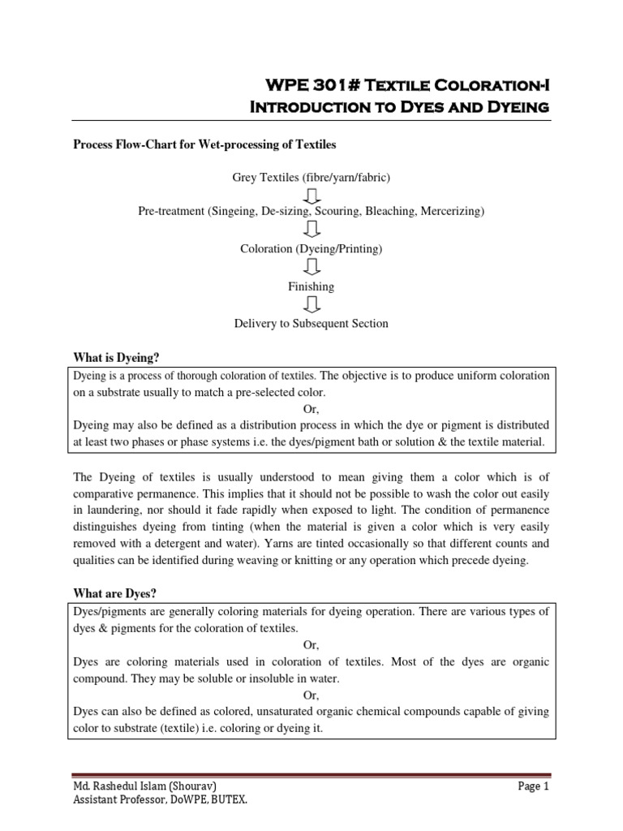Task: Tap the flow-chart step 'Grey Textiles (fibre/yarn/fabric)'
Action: click(311, 176)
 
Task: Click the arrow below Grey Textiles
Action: click(311, 195)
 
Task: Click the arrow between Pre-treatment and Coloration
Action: click(311, 230)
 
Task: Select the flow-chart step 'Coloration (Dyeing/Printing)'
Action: click(311, 249)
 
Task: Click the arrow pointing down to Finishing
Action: click(311, 268)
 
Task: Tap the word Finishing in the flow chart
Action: click(311, 286)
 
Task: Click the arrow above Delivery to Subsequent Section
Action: click(311, 305)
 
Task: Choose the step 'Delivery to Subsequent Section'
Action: click(311, 323)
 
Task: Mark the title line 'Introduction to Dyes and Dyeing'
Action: click(387, 106)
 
